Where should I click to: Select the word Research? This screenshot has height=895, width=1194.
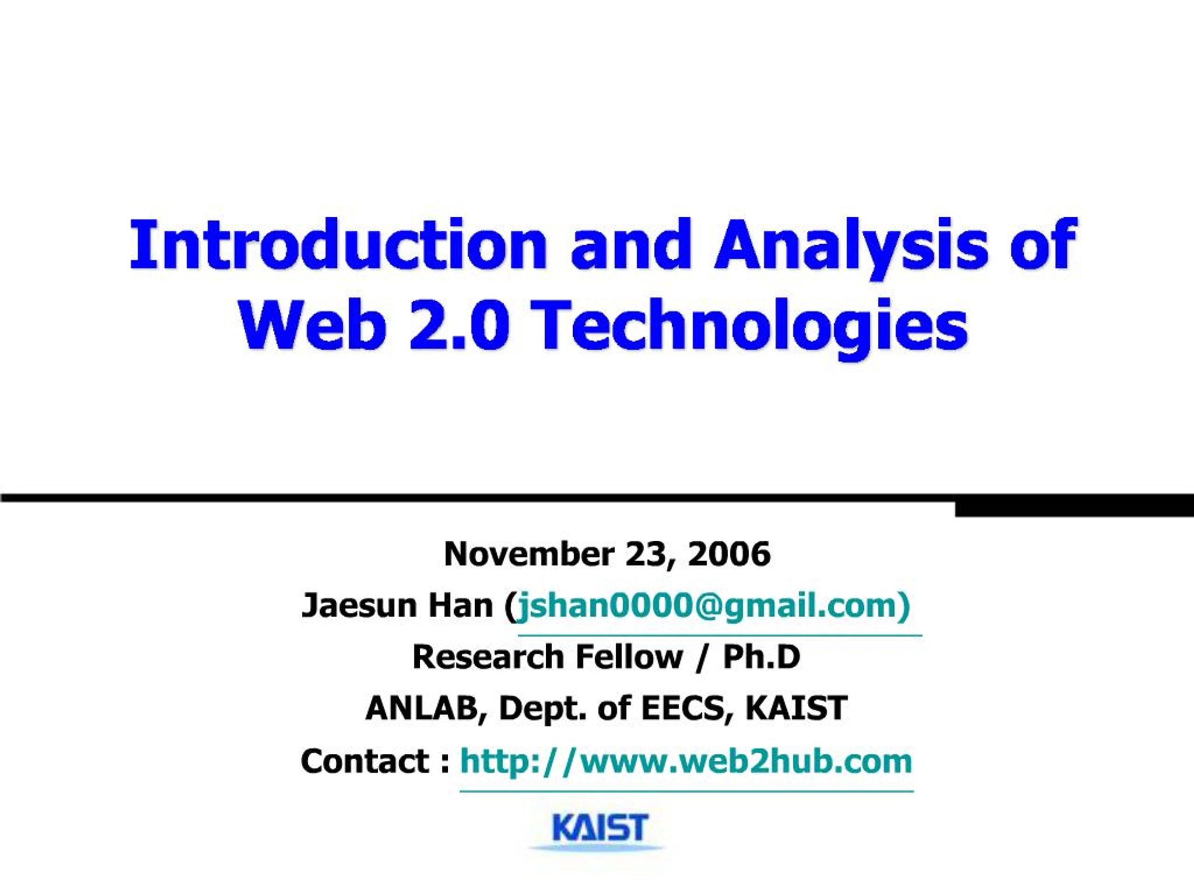pos(488,657)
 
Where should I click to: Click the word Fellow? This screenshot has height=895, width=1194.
pos(629,657)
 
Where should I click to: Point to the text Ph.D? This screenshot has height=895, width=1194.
pos(762,657)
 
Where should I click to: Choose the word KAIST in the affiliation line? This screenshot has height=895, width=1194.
pos(796,709)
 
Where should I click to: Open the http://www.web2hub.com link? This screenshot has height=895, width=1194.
pos(686,761)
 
